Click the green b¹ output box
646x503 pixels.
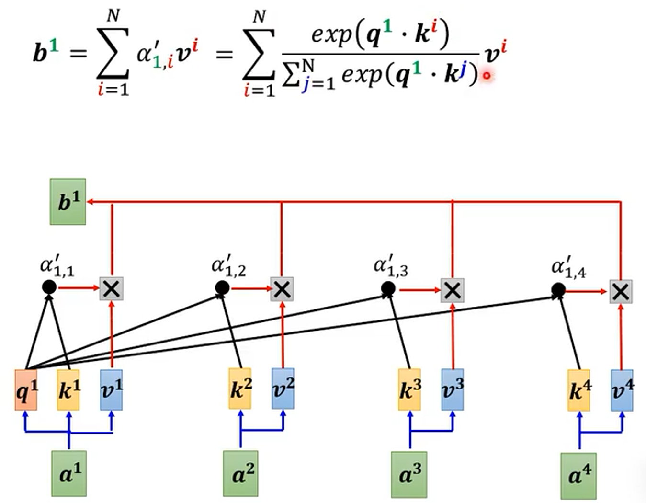click(68, 202)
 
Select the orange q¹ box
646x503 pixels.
click(26, 390)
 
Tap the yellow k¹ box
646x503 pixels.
click(68, 390)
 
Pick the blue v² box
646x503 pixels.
click(283, 389)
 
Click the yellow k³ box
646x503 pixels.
click(409, 390)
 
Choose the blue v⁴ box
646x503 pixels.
click(622, 390)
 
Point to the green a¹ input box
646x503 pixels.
click(69, 473)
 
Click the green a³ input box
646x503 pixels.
click(409, 474)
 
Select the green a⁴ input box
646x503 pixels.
click(579, 476)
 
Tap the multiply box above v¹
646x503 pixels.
click(112, 288)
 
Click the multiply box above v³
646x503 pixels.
click(453, 290)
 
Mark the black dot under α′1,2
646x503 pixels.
click(222, 288)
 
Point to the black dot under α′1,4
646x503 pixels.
click(558, 290)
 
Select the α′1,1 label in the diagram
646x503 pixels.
click(57, 266)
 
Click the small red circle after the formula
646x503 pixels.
click(487, 75)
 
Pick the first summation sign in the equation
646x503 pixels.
click(113, 54)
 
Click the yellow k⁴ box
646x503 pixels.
click(579, 390)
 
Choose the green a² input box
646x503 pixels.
click(240, 473)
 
